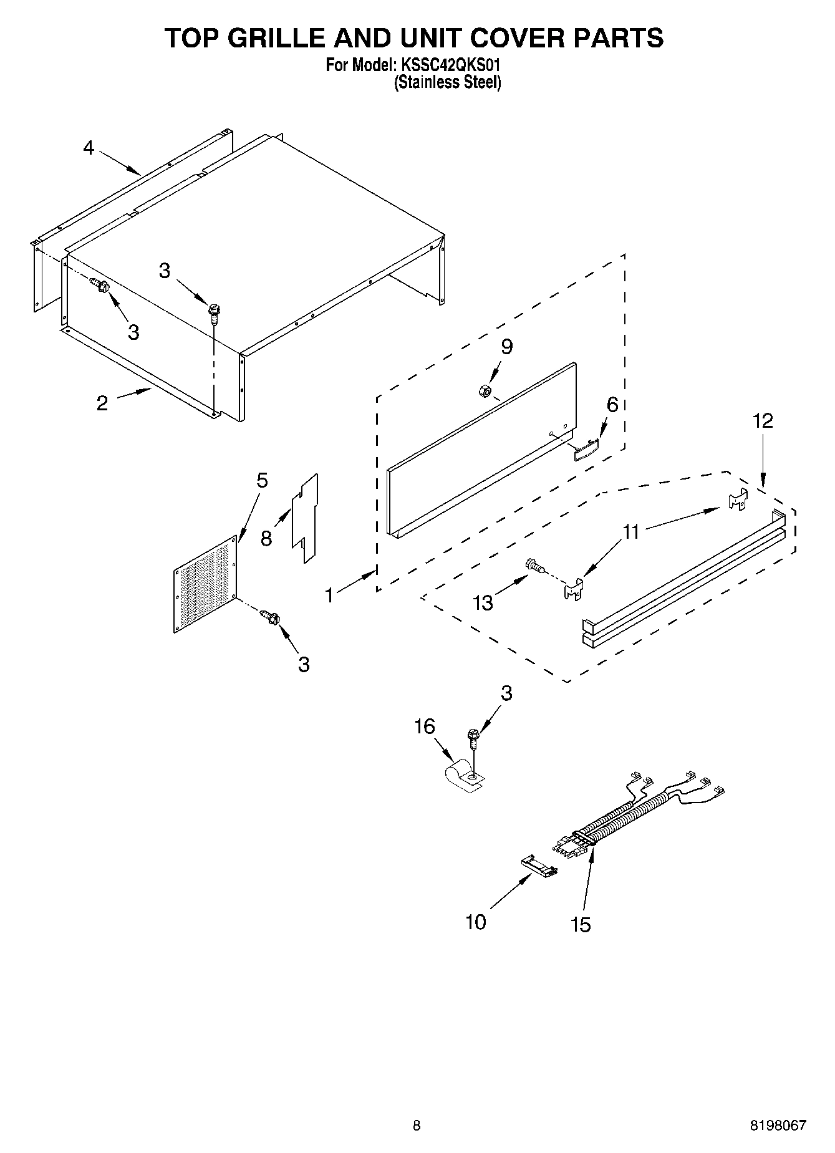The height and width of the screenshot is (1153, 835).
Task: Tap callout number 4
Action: [x=89, y=148]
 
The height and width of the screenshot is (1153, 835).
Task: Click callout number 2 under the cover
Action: [x=102, y=403]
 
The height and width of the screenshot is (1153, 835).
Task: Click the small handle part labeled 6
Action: [x=586, y=448]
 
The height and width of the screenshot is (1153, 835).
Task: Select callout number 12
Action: [x=763, y=421]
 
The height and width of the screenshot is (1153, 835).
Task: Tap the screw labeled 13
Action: [x=535, y=566]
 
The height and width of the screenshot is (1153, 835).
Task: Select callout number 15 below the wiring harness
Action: [x=580, y=924]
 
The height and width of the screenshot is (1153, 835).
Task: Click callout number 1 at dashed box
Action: [x=329, y=595]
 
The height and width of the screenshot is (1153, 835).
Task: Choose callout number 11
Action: [x=631, y=531]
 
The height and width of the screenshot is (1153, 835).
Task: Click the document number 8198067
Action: [x=777, y=1126]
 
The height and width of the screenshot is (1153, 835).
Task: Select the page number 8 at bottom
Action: [x=417, y=1126]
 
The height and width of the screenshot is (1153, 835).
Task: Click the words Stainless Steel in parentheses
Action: [x=447, y=82]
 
